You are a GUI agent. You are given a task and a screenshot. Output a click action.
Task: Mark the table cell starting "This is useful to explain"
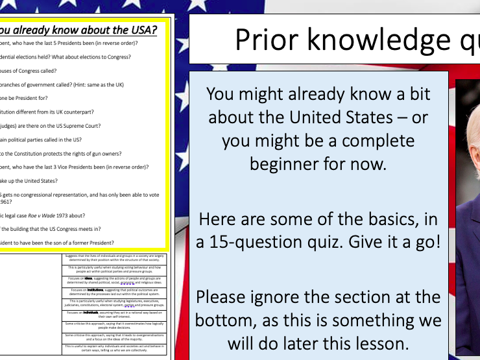(115, 349)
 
